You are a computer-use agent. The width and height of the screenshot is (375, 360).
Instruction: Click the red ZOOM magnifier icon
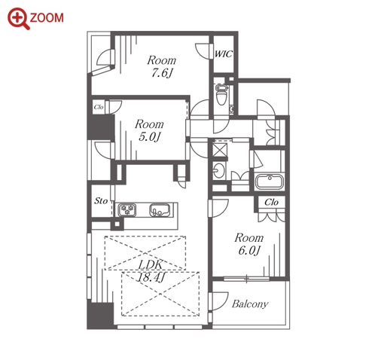[x=17, y=18]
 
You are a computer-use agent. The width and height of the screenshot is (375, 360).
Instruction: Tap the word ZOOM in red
[x=47, y=18]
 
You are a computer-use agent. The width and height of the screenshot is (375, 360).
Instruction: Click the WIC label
[x=224, y=54]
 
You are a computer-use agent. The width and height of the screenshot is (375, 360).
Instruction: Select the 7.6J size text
[x=162, y=73]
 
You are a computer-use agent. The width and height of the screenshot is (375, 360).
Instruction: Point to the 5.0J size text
[x=149, y=137]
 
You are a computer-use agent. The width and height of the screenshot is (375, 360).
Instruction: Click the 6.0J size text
[x=248, y=250]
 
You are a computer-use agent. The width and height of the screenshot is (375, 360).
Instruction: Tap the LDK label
[x=151, y=264]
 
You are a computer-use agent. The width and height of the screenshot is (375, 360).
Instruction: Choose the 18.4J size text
[x=151, y=277]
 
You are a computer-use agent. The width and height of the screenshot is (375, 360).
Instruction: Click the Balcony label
[x=250, y=304]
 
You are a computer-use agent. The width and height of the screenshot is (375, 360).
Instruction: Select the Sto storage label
[x=101, y=201]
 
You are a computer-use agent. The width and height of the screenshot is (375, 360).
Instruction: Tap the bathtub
[x=270, y=182]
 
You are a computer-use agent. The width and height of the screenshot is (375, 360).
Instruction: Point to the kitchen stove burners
[x=128, y=210]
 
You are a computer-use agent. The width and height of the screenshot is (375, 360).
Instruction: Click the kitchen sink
[x=160, y=210]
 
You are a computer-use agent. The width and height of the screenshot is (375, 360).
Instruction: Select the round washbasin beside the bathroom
[x=218, y=171]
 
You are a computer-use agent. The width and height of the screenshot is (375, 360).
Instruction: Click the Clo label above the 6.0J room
[x=271, y=202]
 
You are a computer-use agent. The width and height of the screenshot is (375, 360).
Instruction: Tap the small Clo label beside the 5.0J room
[x=99, y=107]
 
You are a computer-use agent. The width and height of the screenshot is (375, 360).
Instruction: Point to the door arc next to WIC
[x=202, y=51]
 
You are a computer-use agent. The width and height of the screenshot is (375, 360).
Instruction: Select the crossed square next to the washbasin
[x=220, y=150]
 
